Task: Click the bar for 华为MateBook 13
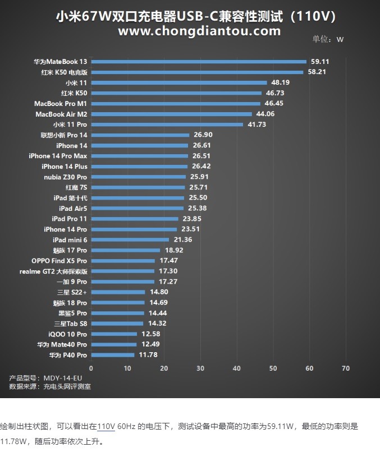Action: point(199,62)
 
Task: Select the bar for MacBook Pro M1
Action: point(176,104)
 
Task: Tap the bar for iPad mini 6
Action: point(130,239)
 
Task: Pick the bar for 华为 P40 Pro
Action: point(112,355)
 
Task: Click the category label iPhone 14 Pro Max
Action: point(58,156)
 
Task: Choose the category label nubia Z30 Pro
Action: point(65,177)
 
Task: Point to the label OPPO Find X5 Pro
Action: point(59,261)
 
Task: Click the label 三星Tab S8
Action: point(70,324)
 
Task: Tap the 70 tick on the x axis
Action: point(345,368)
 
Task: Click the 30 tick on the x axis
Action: point(200,368)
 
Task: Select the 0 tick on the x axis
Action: point(91,368)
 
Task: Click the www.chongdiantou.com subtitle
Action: point(199,31)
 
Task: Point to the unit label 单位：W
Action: point(328,40)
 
